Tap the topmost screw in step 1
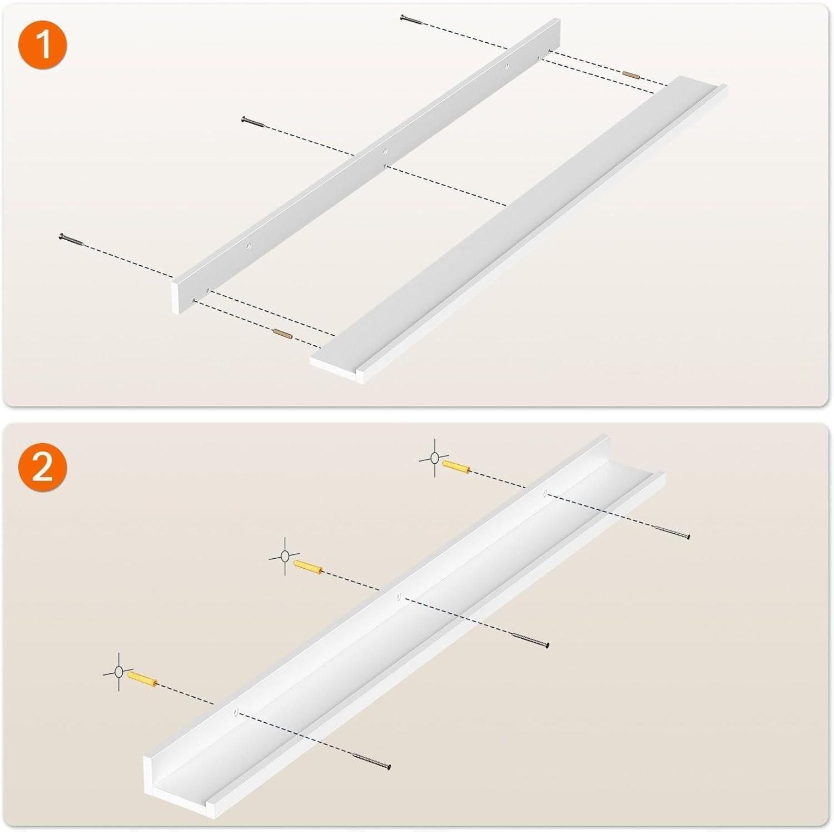pos(412,19)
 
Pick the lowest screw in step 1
pos(71,239)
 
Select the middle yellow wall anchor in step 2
pos(308,568)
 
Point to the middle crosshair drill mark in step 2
pos(285,555)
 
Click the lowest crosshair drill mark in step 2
pos(118,672)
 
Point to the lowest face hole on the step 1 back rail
pos(249,245)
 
